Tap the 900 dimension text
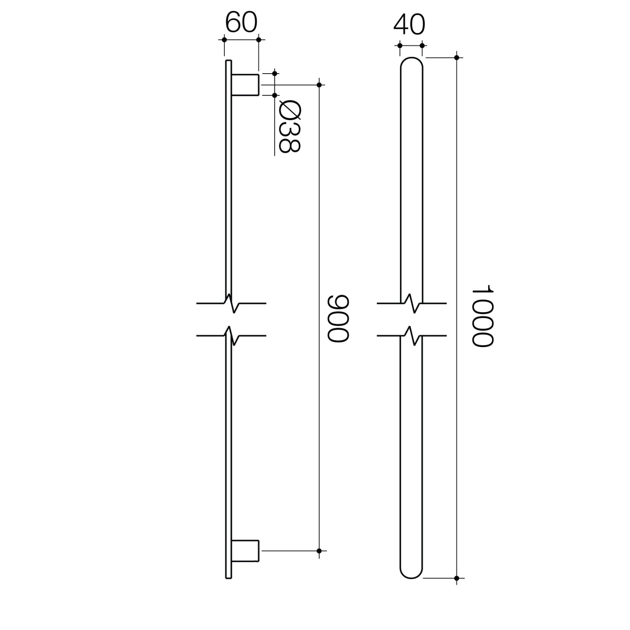coord(339,318)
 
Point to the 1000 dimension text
coord(482,316)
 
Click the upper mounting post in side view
coord(245,85)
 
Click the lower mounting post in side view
coord(245,550)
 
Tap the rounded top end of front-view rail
coord(411,63)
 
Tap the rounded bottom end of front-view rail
coord(411,573)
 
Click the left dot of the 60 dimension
coord(224,39)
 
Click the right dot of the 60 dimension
coord(259,39)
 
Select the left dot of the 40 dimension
coord(400,45)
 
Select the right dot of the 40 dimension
coord(422,45)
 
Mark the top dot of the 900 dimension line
coord(319,85)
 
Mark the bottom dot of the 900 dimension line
coord(319,551)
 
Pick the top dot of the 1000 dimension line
coord(457,57)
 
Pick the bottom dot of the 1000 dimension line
coord(457,578)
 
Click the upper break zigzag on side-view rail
coord(232,303)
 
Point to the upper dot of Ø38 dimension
coord(275,73)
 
